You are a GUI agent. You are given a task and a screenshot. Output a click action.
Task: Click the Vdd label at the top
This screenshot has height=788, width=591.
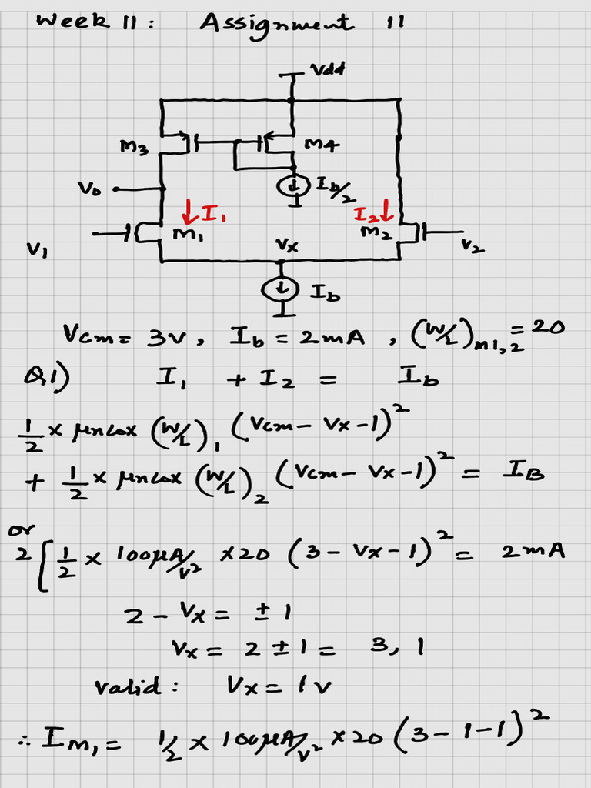(x=328, y=70)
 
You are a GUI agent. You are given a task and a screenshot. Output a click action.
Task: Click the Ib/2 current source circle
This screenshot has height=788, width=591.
(x=294, y=185)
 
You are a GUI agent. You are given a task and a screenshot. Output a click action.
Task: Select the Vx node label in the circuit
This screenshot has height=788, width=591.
(x=287, y=246)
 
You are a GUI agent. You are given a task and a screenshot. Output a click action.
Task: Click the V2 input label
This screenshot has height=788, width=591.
(x=467, y=245)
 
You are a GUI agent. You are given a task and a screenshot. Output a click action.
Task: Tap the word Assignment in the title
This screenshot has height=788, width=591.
(x=276, y=22)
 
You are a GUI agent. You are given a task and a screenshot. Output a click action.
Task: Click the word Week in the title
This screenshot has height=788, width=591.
(x=68, y=21)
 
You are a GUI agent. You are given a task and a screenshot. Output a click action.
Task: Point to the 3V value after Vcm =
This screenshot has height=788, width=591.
(x=174, y=336)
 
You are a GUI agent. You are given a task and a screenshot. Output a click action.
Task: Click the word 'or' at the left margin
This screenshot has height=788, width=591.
(x=15, y=529)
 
